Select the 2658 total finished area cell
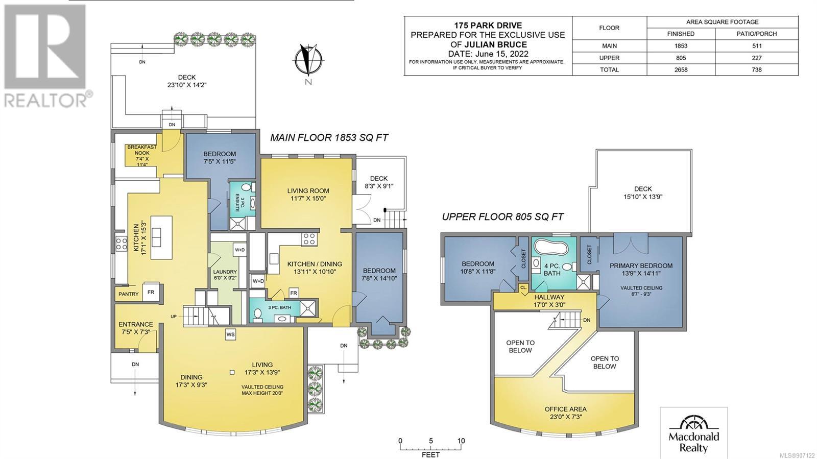tap(681, 69)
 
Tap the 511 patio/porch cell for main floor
tap(756, 46)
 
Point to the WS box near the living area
tap(230, 334)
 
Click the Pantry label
tap(128, 294)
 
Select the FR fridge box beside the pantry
tap(151, 292)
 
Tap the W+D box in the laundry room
tap(239, 250)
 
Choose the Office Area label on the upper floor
tap(566, 409)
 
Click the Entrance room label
tap(136, 324)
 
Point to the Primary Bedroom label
tap(641, 266)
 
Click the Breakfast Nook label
tap(142, 150)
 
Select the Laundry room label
tap(225, 272)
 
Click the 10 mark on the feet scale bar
tap(461, 441)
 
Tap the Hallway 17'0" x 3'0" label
tap(549, 301)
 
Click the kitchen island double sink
tap(156, 237)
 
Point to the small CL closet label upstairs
tap(523, 287)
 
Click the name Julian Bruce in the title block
tap(495, 44)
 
